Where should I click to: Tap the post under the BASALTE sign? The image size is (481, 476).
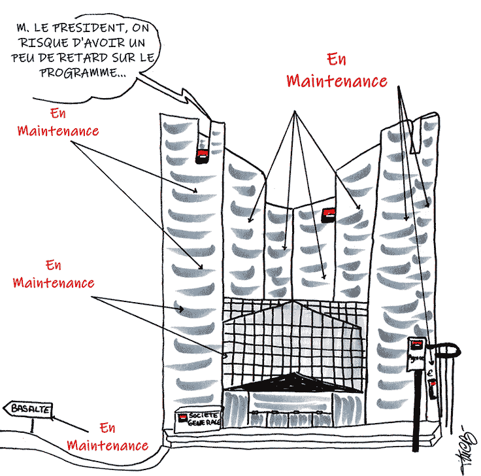point(31,425)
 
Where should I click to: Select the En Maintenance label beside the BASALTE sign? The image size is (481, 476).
point(108,437)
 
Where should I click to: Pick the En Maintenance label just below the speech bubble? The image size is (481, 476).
point(58,121)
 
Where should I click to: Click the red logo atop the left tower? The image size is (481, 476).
point(203,155)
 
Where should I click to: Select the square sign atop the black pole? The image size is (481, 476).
point(416,354)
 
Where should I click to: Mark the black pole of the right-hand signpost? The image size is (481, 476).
point(416,418)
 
